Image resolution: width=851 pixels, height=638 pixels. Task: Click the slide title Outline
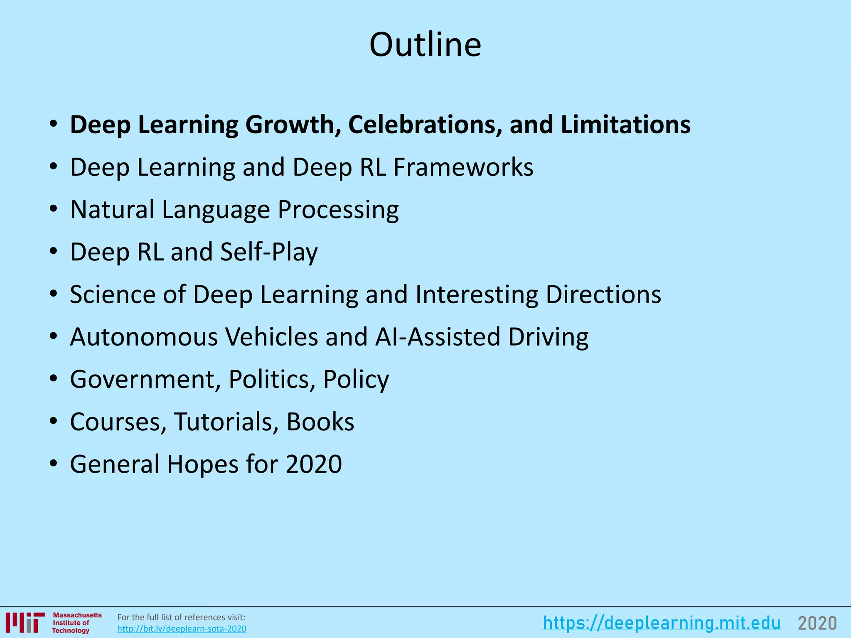coord(425,44)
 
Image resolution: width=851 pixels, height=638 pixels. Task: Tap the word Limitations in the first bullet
coord(625,125)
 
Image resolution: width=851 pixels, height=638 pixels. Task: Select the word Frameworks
coord(463,167)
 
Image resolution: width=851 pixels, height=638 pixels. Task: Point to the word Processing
coord(338,210)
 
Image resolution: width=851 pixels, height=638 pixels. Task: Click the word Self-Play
coord(269,252)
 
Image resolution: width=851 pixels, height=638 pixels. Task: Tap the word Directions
coord(603,294)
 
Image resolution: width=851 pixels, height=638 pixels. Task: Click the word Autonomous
coord(144,337)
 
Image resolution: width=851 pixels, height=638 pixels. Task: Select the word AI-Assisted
coord(438,337)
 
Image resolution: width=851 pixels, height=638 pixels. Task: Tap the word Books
coord(320,422)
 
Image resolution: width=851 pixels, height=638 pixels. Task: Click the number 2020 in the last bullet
coord(314,464)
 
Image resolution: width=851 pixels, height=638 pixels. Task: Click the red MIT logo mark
coord(25,623)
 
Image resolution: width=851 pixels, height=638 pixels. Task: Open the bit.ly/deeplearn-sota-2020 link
coord(182,629)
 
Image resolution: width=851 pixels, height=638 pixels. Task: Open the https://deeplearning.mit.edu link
coord(662,623)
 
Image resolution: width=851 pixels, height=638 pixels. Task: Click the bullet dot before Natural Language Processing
coord(53,210)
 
